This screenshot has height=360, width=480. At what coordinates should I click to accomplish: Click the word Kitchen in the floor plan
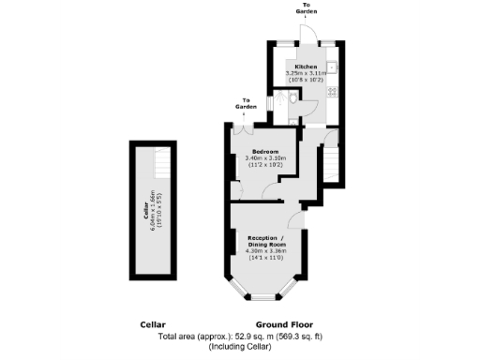click(306, 67)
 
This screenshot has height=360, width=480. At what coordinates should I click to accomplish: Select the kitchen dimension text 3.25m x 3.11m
click(306, 73)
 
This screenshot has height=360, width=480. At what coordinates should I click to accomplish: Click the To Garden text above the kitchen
click(307, 8)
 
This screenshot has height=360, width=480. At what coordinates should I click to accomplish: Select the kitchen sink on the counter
click(333, 67)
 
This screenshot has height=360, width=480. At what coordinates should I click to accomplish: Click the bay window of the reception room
click(265, 297)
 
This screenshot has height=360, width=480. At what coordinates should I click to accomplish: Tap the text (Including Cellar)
click(239, 347)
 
